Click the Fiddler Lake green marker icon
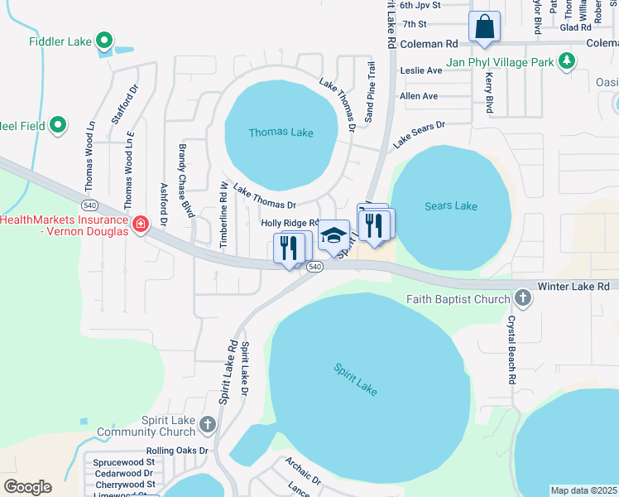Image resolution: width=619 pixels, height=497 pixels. [x=103, y=40]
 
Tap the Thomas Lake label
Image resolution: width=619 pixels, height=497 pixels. [x=281, y=133]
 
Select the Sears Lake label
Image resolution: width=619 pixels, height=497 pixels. [x=452, y=206]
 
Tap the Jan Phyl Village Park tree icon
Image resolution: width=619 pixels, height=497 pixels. [x=566, y=60]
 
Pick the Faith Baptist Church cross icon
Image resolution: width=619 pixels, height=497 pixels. [x=522, y=297]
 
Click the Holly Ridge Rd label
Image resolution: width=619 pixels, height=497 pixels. [x=290, y=223]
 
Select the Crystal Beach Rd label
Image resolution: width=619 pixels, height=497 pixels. [x=512, y=348]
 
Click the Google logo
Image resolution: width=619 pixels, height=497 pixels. [x=27, y=487]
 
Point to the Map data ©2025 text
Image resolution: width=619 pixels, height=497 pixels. [x=583, y=490]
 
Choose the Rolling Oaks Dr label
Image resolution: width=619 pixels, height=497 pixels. [x=178, y=451]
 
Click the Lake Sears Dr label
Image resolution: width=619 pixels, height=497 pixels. [x=419, y=133]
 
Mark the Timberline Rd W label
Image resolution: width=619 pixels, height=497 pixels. [x=223, y=215]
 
